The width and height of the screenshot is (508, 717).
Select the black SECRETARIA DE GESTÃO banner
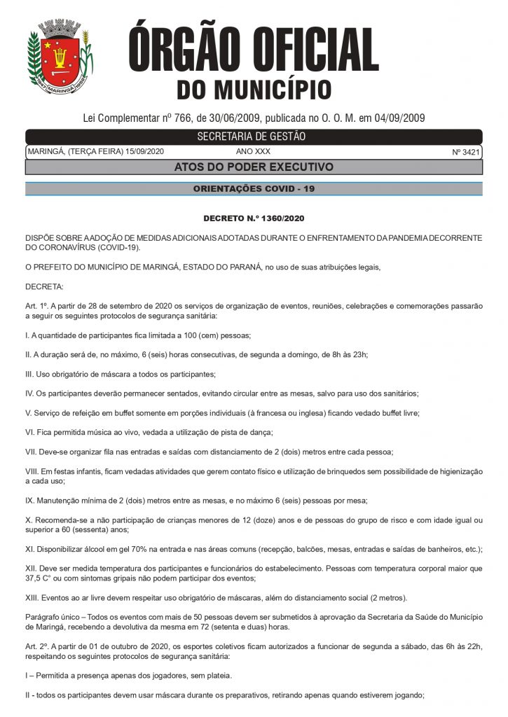[254, 137]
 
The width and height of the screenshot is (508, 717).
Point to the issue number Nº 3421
[466, 152]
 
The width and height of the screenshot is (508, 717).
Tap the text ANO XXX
[253, 152]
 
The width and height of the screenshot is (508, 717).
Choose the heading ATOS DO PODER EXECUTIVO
[254, 167]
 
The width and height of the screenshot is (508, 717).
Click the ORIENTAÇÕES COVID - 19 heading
[254, 189]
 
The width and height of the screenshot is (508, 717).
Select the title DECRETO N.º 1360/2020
[254, 219]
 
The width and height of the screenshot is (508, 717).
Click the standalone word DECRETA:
[44, 286]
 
